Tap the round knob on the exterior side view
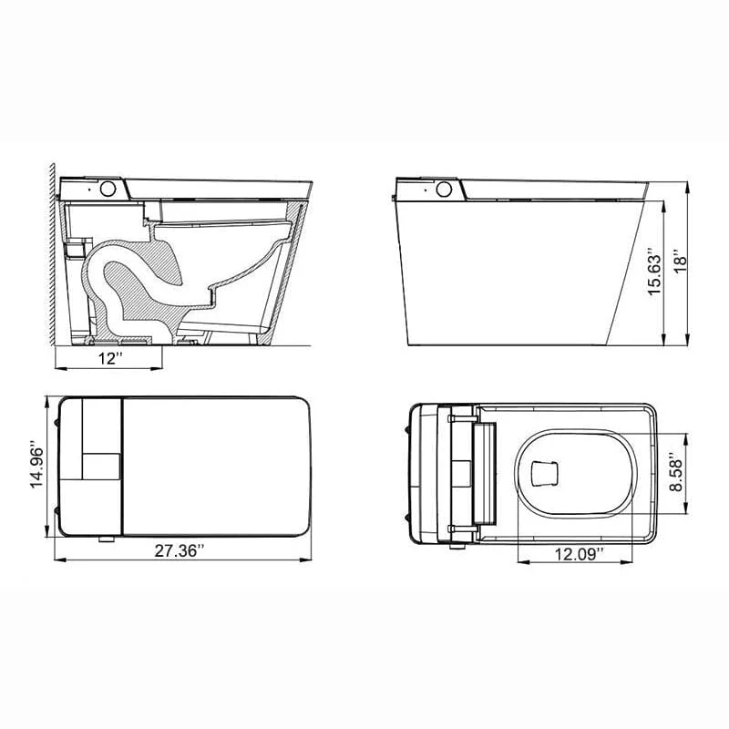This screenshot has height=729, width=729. coord(446,190)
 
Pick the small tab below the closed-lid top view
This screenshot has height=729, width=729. coord(108,540)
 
